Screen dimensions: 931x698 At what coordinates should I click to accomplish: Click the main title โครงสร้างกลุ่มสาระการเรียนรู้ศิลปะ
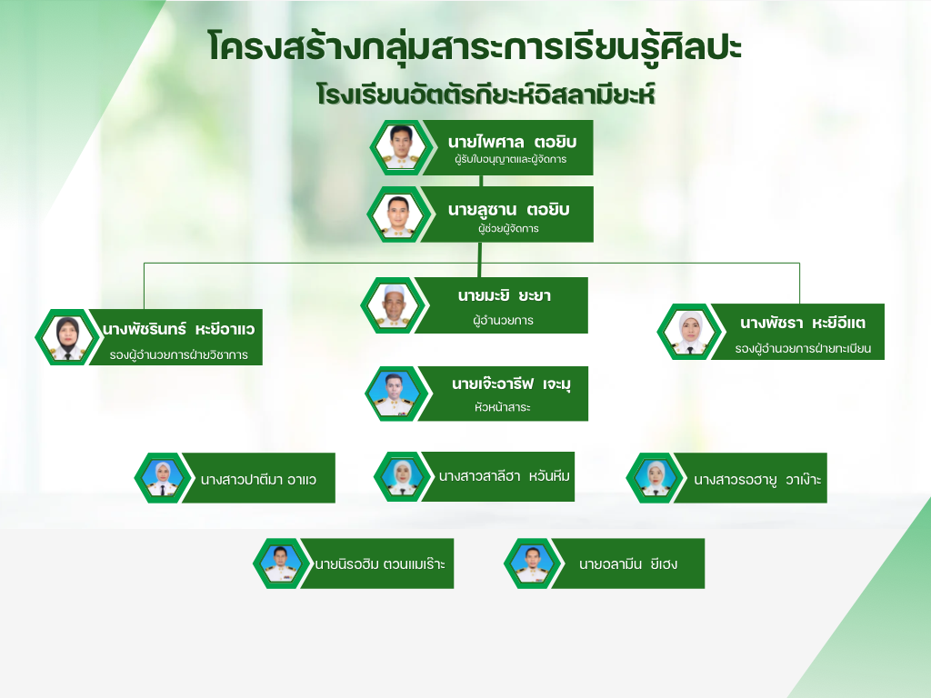coord(475,46)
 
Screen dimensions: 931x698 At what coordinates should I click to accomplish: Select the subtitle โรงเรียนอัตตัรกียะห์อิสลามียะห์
coord(486,95)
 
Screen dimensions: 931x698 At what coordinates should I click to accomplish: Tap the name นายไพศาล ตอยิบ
coord(512,142)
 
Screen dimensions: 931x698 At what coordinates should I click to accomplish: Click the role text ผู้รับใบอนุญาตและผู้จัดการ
coord(511,160)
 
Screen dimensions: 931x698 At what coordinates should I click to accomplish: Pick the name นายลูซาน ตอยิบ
coord(509,210)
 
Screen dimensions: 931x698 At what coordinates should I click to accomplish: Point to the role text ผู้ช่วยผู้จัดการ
coord(509,228)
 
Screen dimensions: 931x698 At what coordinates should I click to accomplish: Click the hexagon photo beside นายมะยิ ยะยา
coord(394,305)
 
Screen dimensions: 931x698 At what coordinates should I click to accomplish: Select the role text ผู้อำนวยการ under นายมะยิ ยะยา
coord(503,321)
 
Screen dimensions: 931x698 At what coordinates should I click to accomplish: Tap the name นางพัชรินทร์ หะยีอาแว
coord(179,329)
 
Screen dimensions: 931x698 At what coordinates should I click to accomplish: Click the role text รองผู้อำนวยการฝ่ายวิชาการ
coord(179,355)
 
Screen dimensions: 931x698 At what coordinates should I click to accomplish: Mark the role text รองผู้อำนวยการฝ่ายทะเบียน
coord(803,348)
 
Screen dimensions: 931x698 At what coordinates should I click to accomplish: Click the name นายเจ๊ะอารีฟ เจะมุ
coord(511,384)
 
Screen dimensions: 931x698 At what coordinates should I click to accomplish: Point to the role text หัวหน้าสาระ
coord(502,407)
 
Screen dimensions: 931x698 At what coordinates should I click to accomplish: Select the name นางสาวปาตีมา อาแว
coord(258,480)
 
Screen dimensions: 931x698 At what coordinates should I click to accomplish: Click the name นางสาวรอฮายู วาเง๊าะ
coord(757,480)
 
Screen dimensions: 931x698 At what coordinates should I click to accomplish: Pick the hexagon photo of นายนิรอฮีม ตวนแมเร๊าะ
coord(281,563)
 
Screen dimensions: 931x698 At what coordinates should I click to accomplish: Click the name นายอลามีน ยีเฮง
coord(628,563)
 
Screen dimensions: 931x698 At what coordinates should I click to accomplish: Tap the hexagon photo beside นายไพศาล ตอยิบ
coord(401,147)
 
